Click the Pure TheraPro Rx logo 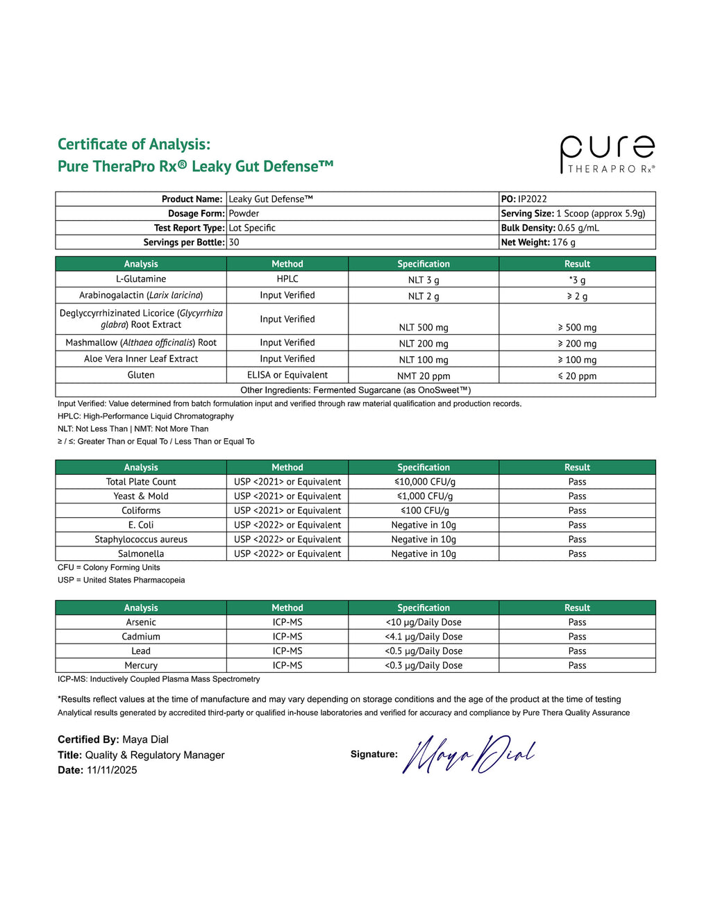point(607,154)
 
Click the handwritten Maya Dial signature point(469,754)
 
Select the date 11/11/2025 point(112,770)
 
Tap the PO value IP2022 point(533,199)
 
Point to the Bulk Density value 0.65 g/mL point(578,228)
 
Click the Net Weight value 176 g point(564,242)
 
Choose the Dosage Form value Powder point(244,214)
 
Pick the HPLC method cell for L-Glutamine point(287,279)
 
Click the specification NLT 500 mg point(424,328)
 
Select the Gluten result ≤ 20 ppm point(577,376)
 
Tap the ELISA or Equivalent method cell point(287,375)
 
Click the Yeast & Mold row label point(141,496)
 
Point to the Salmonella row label point(141,554)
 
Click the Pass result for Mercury point(577,665)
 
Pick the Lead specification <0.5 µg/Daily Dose point(424,651)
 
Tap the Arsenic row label point(141,623)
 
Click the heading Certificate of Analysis point(134,144)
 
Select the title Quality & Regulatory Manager point(155,755)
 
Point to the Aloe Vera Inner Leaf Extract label point(141,359)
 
